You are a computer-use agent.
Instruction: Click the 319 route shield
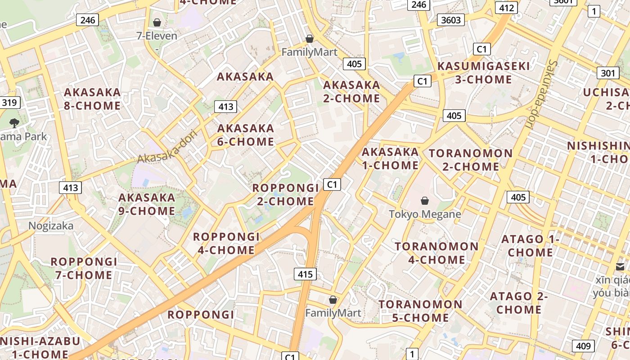[x=9, y=103]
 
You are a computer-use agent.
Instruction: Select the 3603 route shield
[x=451, y=20]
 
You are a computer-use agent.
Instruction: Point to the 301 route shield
[x=608, y=73]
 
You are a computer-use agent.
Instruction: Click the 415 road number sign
[x=306, y=274]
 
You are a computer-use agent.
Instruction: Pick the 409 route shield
[x=583, y=346]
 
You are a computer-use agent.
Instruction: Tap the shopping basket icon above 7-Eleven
[x=157, y=22]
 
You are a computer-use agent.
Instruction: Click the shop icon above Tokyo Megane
[x=425, y=201]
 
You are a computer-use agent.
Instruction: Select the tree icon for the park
[x=14, y=122]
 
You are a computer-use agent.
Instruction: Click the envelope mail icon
[x=620, y=267]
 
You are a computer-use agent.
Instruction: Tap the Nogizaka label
[x=51, y=226]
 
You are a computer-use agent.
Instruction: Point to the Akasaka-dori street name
[x=168, y=147]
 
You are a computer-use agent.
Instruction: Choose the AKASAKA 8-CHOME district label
[x=92, y=99]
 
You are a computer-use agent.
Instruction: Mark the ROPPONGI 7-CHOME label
[x=84, y=268]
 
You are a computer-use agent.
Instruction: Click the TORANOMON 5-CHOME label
[x=420, y=311]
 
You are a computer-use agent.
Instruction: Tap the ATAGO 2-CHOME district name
[x=519, y=303]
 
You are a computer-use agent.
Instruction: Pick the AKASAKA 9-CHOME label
[x=147, y=204]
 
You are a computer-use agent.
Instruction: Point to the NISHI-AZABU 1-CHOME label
[x=40, y=347]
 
